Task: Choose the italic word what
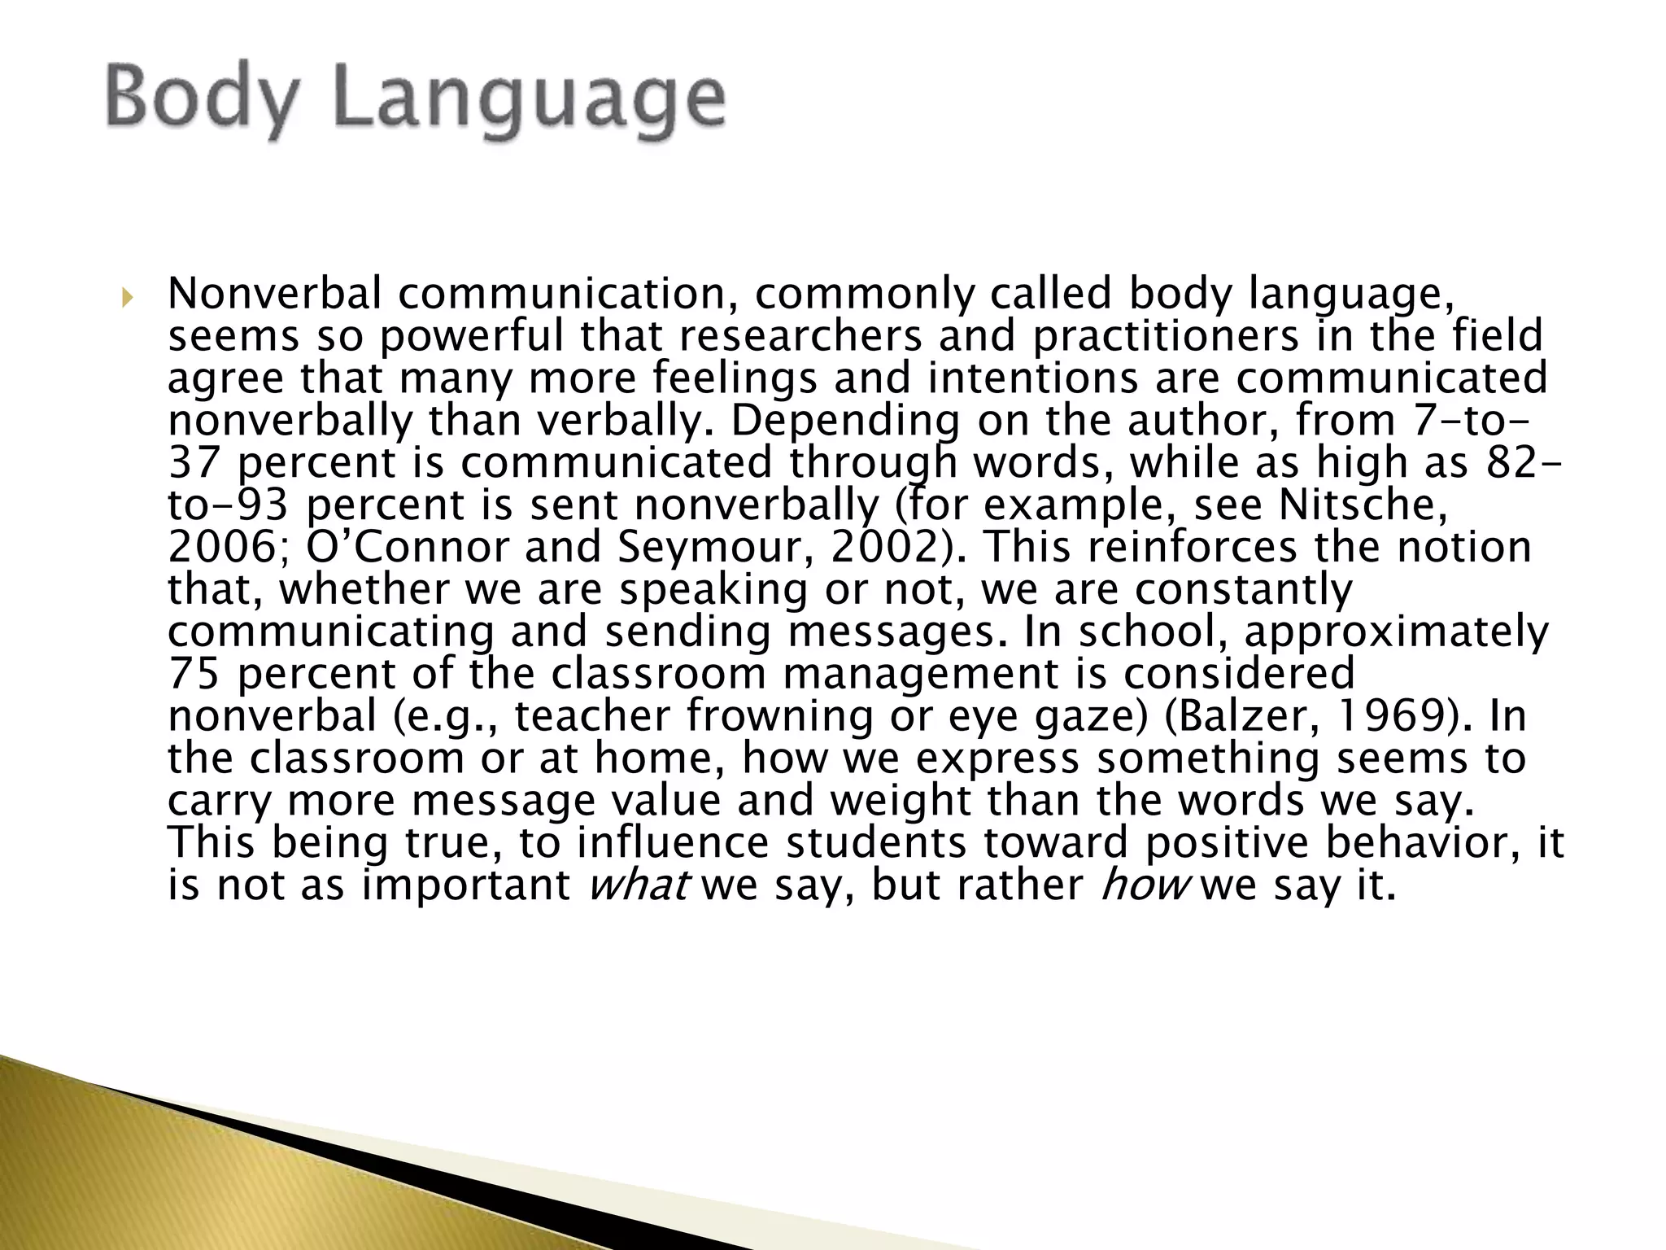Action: [x=638, y=886]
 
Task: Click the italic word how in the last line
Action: [x=1143, y=886]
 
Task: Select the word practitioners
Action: [x=1166, y=337]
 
